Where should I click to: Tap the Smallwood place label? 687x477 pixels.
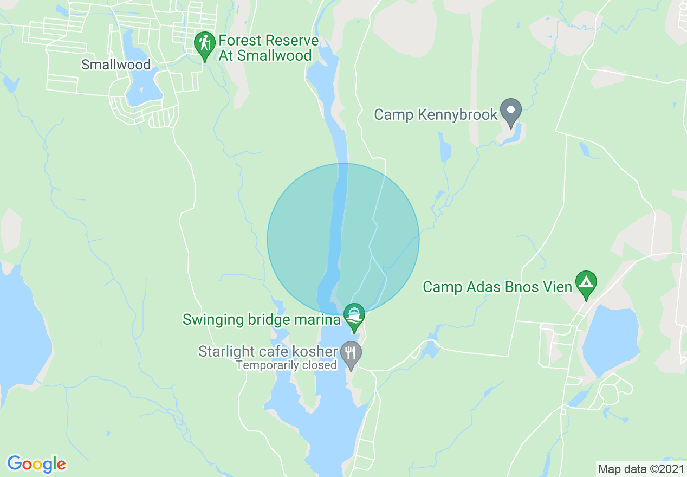point(115,65)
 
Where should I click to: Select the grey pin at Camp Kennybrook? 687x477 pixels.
point(510,111)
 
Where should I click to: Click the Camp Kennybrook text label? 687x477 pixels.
point(436,115)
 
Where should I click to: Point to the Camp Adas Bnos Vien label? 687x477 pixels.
point(497,287)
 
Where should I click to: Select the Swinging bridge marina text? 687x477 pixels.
point(262,319)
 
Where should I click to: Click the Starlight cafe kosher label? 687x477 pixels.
point(268,352)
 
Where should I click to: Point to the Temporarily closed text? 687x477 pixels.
point(287,365)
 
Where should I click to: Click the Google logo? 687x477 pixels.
point(36,464)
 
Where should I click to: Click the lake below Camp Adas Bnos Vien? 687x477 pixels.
point(611,339)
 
